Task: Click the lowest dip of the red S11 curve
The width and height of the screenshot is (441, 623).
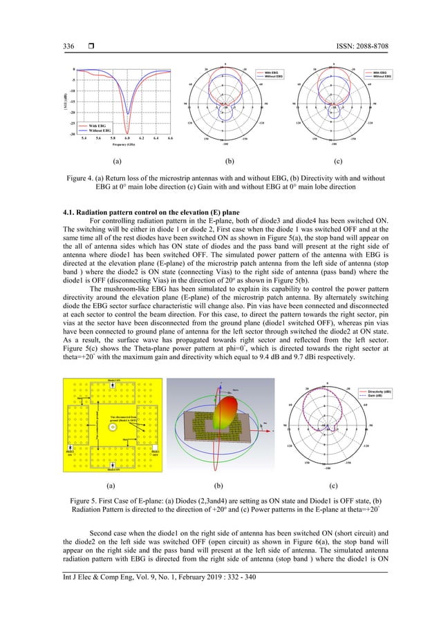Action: tap(127, 132)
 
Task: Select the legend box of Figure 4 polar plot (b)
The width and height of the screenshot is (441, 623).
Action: tap(270, 74)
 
